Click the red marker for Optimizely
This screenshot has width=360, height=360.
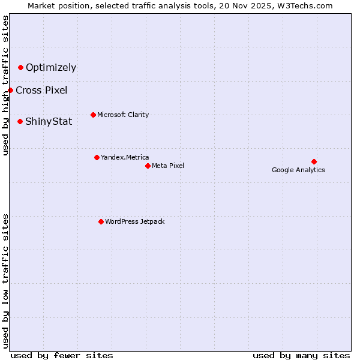pyautogui.click(x=20, y=67)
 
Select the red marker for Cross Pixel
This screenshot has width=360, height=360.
pyautogui.click(x=10, y=90)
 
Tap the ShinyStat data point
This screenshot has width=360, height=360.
pyautogui.click(x=20, y=121)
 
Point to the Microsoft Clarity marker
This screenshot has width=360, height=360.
pyautogui.click(x=93, y=115)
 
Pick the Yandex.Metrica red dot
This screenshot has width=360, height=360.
pyautogui.click(x=97, y=157)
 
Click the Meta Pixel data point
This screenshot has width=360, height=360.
pyautogui.click(x=148, y=166)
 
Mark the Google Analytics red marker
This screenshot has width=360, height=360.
pyautogui.click(x=314, y=161)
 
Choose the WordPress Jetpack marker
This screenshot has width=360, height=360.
pyautogui.click(x=101, y=221)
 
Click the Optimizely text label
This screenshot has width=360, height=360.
pyautogui.click(x=51, y=67)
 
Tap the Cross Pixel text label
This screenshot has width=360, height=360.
pyautogui.click(x=41, y=90)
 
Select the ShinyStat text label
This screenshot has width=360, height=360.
pyautogui.click(x=49, y=121)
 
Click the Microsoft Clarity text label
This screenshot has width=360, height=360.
pyautogui.click(x=123, y=115)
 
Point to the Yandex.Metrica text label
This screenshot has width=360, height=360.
pyautogui.click(x=125, y=157)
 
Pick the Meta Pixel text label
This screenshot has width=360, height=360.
pyautogui.click(x=168, y=166)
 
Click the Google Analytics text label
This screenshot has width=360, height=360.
pyautogui.click(x=298, y=170)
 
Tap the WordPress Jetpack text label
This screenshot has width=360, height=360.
pyautogui.click(x=134, y=221)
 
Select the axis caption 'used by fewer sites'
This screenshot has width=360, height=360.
pyautogui.click(x=62, y=355)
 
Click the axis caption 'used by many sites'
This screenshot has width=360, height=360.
pyautogui.click(x=301, y=355)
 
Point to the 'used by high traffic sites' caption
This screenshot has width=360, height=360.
pyautogui.click(x=5, y=85)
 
